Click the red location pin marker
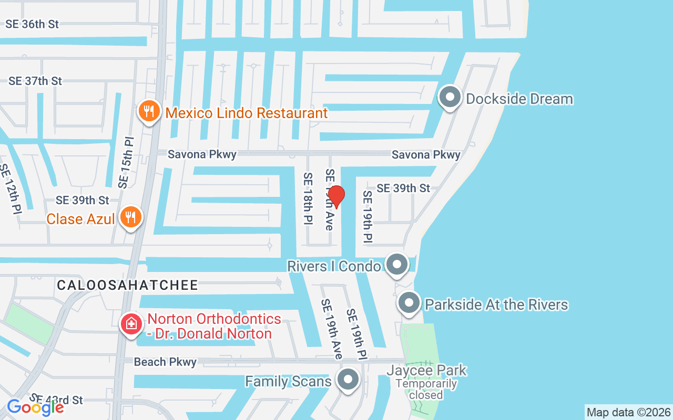(x=335, y=196)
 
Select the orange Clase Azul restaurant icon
(x=130, y=217)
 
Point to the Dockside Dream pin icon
(x=450, y=98)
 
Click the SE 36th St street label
(x=32, y=24)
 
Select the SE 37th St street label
(x=35, y=81)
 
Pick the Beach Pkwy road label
(x=165, y=362)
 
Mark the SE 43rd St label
(x=57, y=400)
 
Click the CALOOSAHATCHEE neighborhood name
(x=128, y=285)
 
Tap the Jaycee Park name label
(x=426, y=370)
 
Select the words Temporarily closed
(x=426, y=389)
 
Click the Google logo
(x=35, y=407)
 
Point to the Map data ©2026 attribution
(x=628, y=412)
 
